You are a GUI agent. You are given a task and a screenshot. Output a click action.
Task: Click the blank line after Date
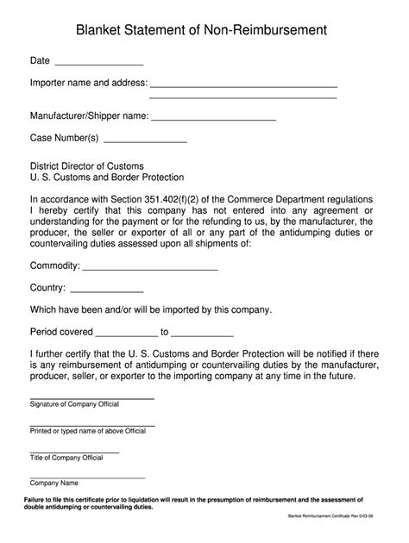pyautogui.click(x=98, y=65)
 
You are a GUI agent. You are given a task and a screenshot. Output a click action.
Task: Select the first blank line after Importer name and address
pyautogui.click(x=244, y=87)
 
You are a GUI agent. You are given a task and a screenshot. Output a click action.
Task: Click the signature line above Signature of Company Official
pyautogui.click(x=91, y=397)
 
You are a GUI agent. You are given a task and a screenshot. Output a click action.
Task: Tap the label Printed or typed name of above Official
pyautogui.click(x=88, y=430)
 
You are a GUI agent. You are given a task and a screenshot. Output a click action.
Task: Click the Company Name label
pyautogui.click(x=54, y=483)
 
